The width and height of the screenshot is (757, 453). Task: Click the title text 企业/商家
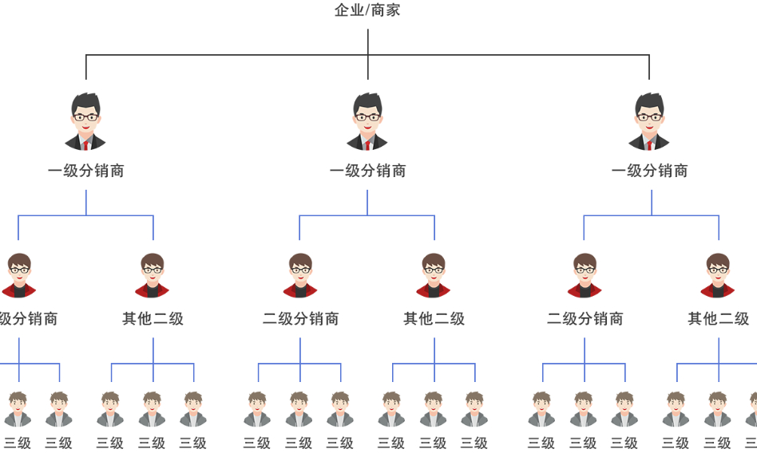[367, 10]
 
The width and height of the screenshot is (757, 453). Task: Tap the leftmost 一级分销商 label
[86, 171]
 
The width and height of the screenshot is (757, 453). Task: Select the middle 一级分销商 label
[367, 171]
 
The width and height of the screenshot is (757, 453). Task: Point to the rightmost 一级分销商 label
[649, 171]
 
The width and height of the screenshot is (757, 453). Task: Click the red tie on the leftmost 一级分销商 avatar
[86, 145]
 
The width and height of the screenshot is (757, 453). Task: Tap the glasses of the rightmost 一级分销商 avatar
[649, 117]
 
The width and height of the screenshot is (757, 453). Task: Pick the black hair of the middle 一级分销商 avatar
[368, 102]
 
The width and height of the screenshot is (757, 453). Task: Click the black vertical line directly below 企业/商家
[368, 41]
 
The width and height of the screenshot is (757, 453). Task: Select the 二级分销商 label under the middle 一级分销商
[300, 319]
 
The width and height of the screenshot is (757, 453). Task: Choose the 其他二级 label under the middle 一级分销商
[434, 319]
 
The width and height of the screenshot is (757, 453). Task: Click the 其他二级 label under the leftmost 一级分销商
[153, 319]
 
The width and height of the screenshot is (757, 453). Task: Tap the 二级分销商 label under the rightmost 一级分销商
[585, 319]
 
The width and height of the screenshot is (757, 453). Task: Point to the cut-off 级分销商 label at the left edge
[29, 319]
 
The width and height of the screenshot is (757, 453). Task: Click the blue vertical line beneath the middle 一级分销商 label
[367, 203]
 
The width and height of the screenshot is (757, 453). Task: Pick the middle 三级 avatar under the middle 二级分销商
[299, 408]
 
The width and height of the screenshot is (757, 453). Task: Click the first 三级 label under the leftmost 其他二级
[110, 443]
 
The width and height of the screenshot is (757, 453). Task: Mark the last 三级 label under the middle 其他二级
[474, 443]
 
